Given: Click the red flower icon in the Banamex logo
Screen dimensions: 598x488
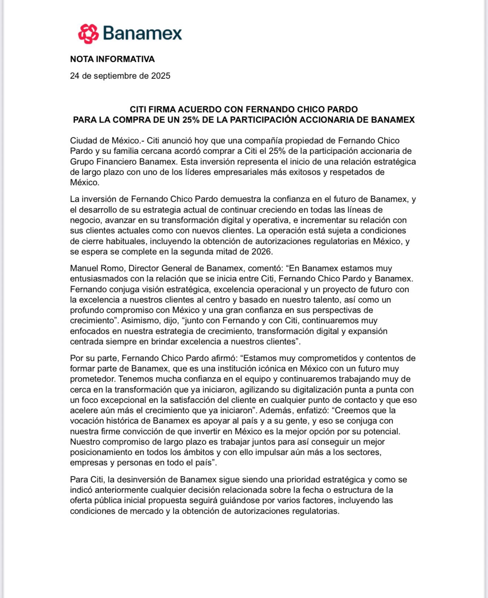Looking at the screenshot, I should [88, 34].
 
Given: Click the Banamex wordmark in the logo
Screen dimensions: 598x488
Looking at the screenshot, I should [142, 33].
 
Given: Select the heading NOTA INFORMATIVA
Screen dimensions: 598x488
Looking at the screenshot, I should [112, 59].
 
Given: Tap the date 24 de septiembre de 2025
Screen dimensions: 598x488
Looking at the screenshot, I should [120, 76].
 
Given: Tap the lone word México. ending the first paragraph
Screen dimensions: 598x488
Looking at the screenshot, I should [85, 182].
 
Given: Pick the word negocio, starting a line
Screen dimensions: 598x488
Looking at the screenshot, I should [86, 221].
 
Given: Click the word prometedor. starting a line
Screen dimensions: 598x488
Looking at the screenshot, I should [93, 379].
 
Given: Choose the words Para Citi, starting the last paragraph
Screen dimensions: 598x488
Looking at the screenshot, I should [87, 480].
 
